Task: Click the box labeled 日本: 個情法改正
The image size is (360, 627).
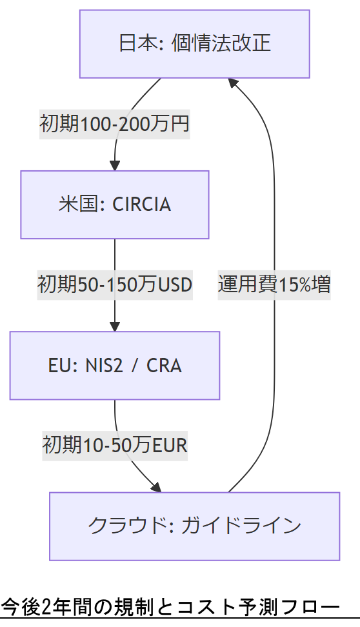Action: (194, 44)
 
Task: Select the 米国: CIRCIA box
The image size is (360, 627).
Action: (115, 204)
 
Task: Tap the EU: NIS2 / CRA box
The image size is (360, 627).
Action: (115, 366)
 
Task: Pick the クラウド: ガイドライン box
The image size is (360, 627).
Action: (194, 526)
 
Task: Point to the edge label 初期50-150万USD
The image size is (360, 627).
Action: (115, 284)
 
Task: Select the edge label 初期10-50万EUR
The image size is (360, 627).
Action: (115, 445)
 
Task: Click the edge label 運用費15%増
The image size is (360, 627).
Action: (274, 284)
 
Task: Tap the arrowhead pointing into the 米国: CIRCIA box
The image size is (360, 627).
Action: (115, 166)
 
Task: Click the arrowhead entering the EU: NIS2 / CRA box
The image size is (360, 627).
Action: (115, 326)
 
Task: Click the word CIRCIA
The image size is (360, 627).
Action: (142, 204)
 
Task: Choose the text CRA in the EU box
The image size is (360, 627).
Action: (164, 366)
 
